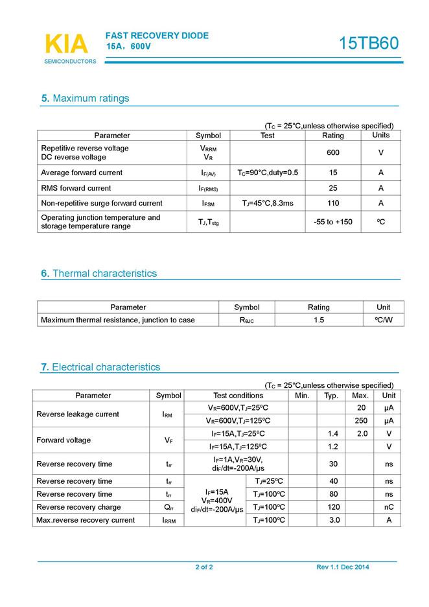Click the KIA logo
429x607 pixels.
coord(66,43)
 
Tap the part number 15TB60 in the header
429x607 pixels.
coord(369,43)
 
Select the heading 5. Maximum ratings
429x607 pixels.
coord(85,99)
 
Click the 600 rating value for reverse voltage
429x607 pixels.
coord(333,152)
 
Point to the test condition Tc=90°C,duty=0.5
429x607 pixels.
coord(268,173)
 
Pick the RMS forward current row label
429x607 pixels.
coord(76,188)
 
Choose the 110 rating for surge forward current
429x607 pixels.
coord(333,203)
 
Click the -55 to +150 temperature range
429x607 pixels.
coord(333,222)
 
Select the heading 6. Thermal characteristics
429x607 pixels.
coord(99,274)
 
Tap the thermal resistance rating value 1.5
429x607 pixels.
coord(319,320)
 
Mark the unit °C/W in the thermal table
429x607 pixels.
coord(383,320)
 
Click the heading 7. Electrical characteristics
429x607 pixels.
coord(100,367)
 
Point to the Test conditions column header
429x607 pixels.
coord(238,396)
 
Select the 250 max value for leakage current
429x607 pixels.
coord(361,420)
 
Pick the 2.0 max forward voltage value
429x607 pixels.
coord(362,433)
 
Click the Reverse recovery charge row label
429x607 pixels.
coord(78,507)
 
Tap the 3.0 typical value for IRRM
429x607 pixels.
coord(334,520)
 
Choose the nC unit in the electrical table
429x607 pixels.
coord(389,507)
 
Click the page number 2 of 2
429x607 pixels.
coord(204,567)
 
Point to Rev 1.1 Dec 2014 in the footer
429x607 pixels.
coord(343,567)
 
